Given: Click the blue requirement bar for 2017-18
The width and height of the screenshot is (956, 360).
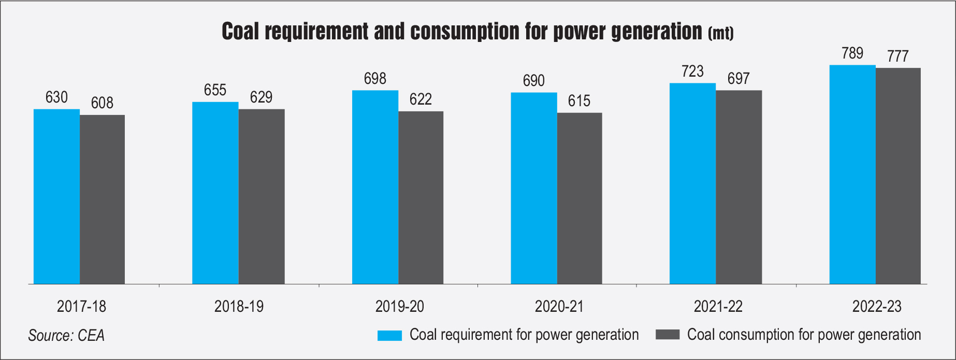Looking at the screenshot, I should coord(56,196).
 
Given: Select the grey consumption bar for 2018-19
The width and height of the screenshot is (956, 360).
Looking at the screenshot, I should coord(261,196).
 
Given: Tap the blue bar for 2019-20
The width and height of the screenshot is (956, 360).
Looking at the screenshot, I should coord(375,187).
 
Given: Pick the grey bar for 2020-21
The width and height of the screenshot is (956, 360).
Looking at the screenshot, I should coord(579,198).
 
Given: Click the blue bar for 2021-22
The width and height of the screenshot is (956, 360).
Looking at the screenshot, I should coord(692,183).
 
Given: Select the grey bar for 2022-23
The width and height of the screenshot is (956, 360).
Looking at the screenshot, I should coord(898,176).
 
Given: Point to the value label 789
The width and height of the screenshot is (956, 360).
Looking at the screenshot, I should coord(852,53).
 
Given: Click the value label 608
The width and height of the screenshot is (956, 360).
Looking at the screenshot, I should coord(102,103).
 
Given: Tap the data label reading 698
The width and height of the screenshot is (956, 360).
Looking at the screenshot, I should coord(375,79).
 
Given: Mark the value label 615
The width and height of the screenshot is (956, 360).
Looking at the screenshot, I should coord(579,101).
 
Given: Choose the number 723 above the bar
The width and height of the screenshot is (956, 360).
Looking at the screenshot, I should coord(692,71).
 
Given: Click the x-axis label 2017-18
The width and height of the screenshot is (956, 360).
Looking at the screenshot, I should coord(81,307).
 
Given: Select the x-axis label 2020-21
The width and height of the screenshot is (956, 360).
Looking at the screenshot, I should coord(559,307).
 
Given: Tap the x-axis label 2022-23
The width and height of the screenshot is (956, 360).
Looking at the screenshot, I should coord(877,307).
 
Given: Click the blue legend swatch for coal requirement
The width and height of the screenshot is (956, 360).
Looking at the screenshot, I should coord(389,335).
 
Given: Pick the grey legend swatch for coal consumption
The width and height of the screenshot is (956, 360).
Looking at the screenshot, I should coord(667,335).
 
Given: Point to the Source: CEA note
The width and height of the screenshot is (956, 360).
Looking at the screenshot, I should coord(66,336).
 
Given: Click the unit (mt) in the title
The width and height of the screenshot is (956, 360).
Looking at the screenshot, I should coord(720,34).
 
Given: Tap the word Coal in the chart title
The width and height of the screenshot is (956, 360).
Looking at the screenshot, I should coord(240,32).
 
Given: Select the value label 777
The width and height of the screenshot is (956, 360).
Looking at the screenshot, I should coord(897,56).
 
